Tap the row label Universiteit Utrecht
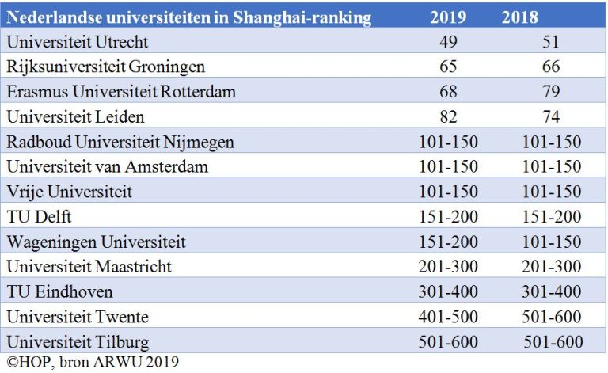pos(77,42)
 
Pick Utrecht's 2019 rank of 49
pos(448,42)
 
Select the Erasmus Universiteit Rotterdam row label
pos(121,92)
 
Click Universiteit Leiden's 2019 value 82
pos(448,117)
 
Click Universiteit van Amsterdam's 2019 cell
pos(448,167)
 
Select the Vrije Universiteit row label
pos(70,192)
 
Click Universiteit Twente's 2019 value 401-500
pos(448,318)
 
